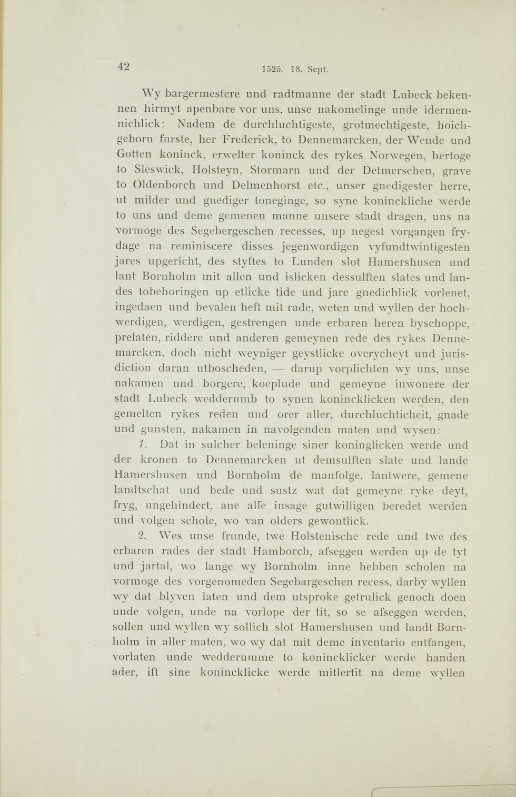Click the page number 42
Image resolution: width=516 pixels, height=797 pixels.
pyautogui.click(x=124, y=66)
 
